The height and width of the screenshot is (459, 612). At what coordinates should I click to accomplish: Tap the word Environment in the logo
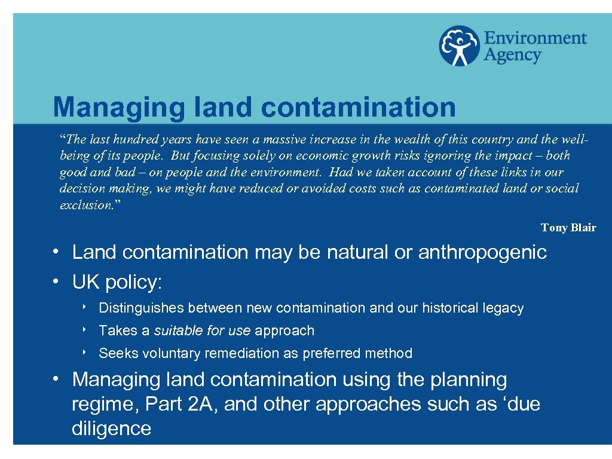coord(535,38)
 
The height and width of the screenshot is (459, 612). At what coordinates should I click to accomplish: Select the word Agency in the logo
coord(512,56)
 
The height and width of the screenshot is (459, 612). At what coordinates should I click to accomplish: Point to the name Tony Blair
coord(568,228)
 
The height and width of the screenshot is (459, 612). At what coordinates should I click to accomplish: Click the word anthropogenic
coord(482,252)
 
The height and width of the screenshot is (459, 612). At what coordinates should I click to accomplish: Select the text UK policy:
coord(117,282)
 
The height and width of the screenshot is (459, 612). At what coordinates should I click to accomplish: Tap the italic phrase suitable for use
coord(203,331)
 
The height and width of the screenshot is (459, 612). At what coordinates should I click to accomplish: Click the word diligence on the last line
coord(111,428)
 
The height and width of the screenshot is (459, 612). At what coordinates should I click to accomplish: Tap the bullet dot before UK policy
coord(54,281)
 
